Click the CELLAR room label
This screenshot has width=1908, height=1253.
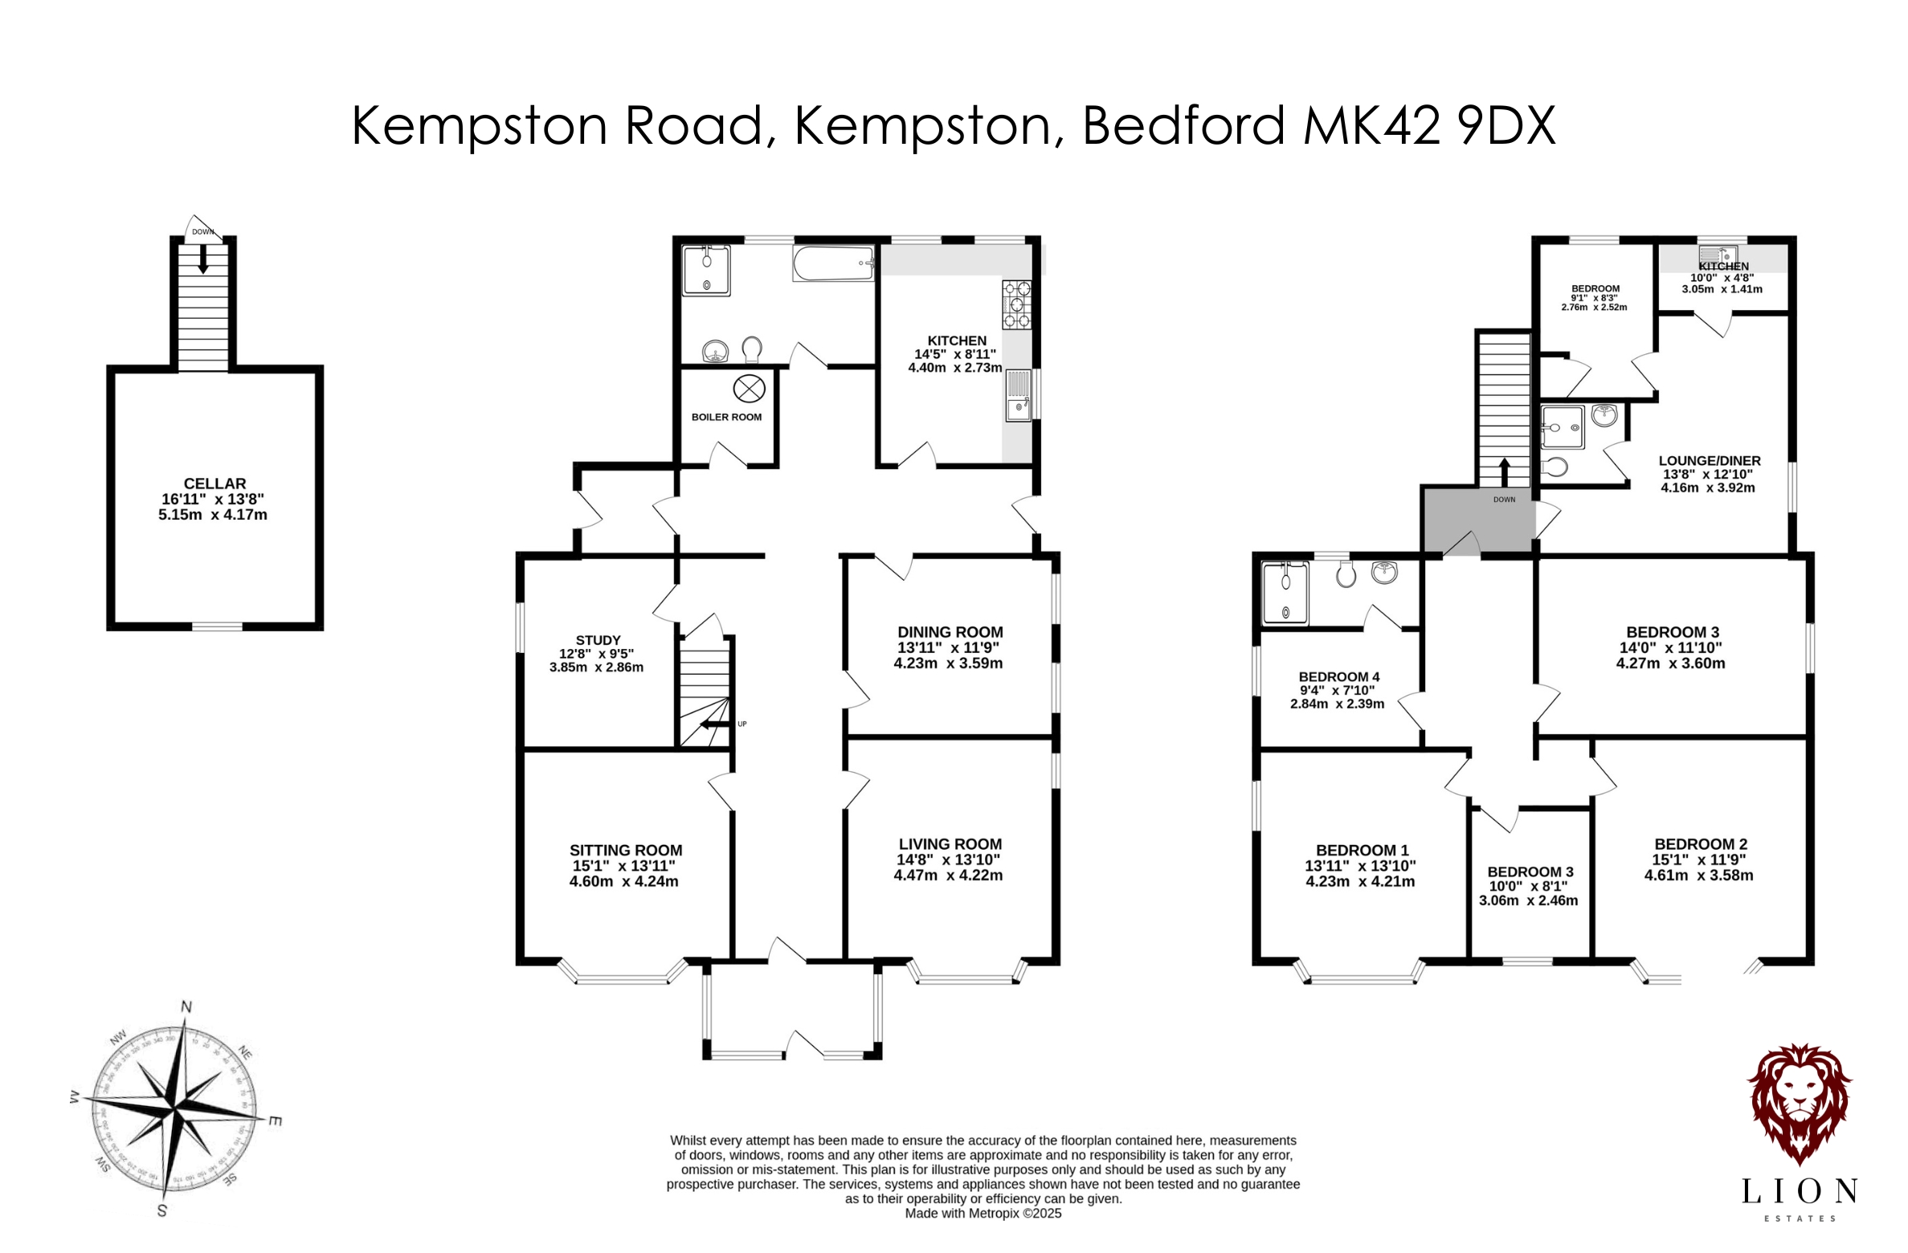pos(214,484)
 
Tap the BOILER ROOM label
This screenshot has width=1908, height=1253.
pos(726,417)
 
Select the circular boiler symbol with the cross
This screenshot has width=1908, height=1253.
pos(749,390)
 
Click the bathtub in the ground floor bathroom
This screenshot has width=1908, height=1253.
pos(834,263)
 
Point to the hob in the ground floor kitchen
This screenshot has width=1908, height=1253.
pos(1016,304)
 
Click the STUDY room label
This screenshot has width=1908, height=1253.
pos(598,640)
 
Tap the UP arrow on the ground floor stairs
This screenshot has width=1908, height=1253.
pos(711,724)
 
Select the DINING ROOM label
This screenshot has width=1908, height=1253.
pos(950,632)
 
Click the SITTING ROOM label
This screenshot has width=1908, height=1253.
pos(626,851)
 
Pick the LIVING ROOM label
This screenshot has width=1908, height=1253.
pos(950,844)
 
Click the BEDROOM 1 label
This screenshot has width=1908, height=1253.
pos(1362,851)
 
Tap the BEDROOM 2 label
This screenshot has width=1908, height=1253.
pos(1701,844)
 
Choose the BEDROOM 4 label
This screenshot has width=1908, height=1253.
pos(1338,677)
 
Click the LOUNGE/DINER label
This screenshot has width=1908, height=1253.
pos(1709,461)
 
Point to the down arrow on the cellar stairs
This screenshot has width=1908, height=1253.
pos(203,259)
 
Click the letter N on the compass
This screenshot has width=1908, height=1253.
pos(186,1007)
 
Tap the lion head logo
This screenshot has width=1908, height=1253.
pos(1800,1104)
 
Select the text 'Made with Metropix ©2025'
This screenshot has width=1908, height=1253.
pos(983,1214)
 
